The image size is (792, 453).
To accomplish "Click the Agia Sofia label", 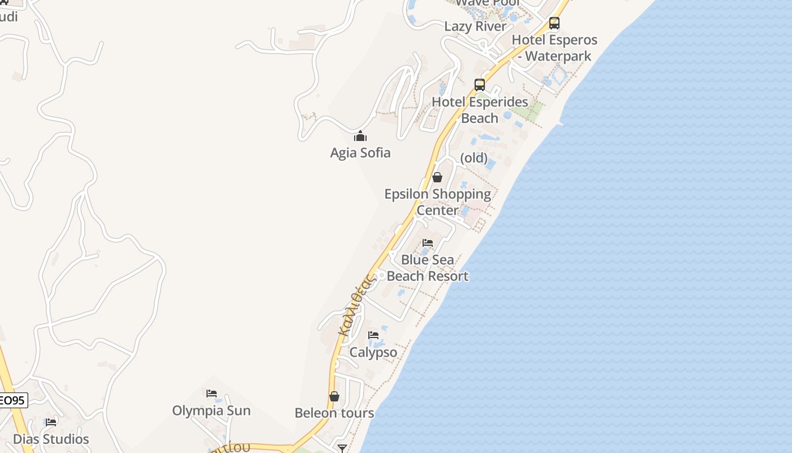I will pos(360,152).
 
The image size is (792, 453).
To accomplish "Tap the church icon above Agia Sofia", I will pos(360,136).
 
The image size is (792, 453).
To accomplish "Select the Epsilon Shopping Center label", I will pos(437,202).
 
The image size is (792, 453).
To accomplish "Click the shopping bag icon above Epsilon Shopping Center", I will pos(437,177).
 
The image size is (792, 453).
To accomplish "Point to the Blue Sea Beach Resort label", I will pos(428,268).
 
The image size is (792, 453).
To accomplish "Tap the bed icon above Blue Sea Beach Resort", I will pos(428,243).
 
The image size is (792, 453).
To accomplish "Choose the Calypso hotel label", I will pos(373,352).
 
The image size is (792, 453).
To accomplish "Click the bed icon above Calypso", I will pos(373,335).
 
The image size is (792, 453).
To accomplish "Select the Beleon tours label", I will pos(334,413).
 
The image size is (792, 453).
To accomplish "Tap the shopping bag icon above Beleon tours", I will pos(334,396).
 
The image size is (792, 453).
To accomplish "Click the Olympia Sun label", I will pos(212,411).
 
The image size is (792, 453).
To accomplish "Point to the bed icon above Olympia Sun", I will pos(212,393).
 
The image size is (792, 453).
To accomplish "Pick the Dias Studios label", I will pos(51,439).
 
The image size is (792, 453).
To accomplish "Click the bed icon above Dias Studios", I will pos(51,422).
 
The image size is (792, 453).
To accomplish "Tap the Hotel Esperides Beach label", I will pos(480,110).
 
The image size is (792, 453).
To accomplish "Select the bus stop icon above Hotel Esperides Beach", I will pos(480,85).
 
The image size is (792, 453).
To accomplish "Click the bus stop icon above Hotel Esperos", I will pos(554,23).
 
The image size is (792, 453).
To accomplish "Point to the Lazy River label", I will pos(475,26).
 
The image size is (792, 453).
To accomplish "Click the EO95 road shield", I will pos(12,400).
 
